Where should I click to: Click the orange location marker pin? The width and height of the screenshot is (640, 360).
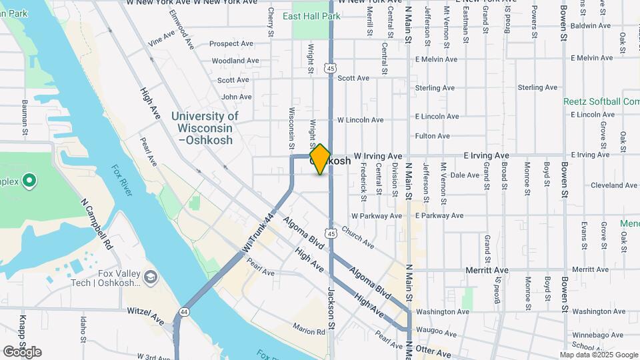(320, 159)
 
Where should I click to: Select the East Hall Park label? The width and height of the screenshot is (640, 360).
(311, 16)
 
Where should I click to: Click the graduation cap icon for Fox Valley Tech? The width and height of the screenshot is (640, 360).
(151, 276)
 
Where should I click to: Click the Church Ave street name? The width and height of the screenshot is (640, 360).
(357, 237)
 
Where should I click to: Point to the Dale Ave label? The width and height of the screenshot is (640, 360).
(465, 175)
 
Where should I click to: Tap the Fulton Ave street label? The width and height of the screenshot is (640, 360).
(433, 136)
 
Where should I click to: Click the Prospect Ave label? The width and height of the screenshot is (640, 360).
(231, 44)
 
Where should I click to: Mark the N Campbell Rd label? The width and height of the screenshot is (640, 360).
(96, 223)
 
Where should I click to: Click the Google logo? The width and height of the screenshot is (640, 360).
(22, 351)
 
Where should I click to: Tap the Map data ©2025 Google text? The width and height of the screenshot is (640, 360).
(599, 355)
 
